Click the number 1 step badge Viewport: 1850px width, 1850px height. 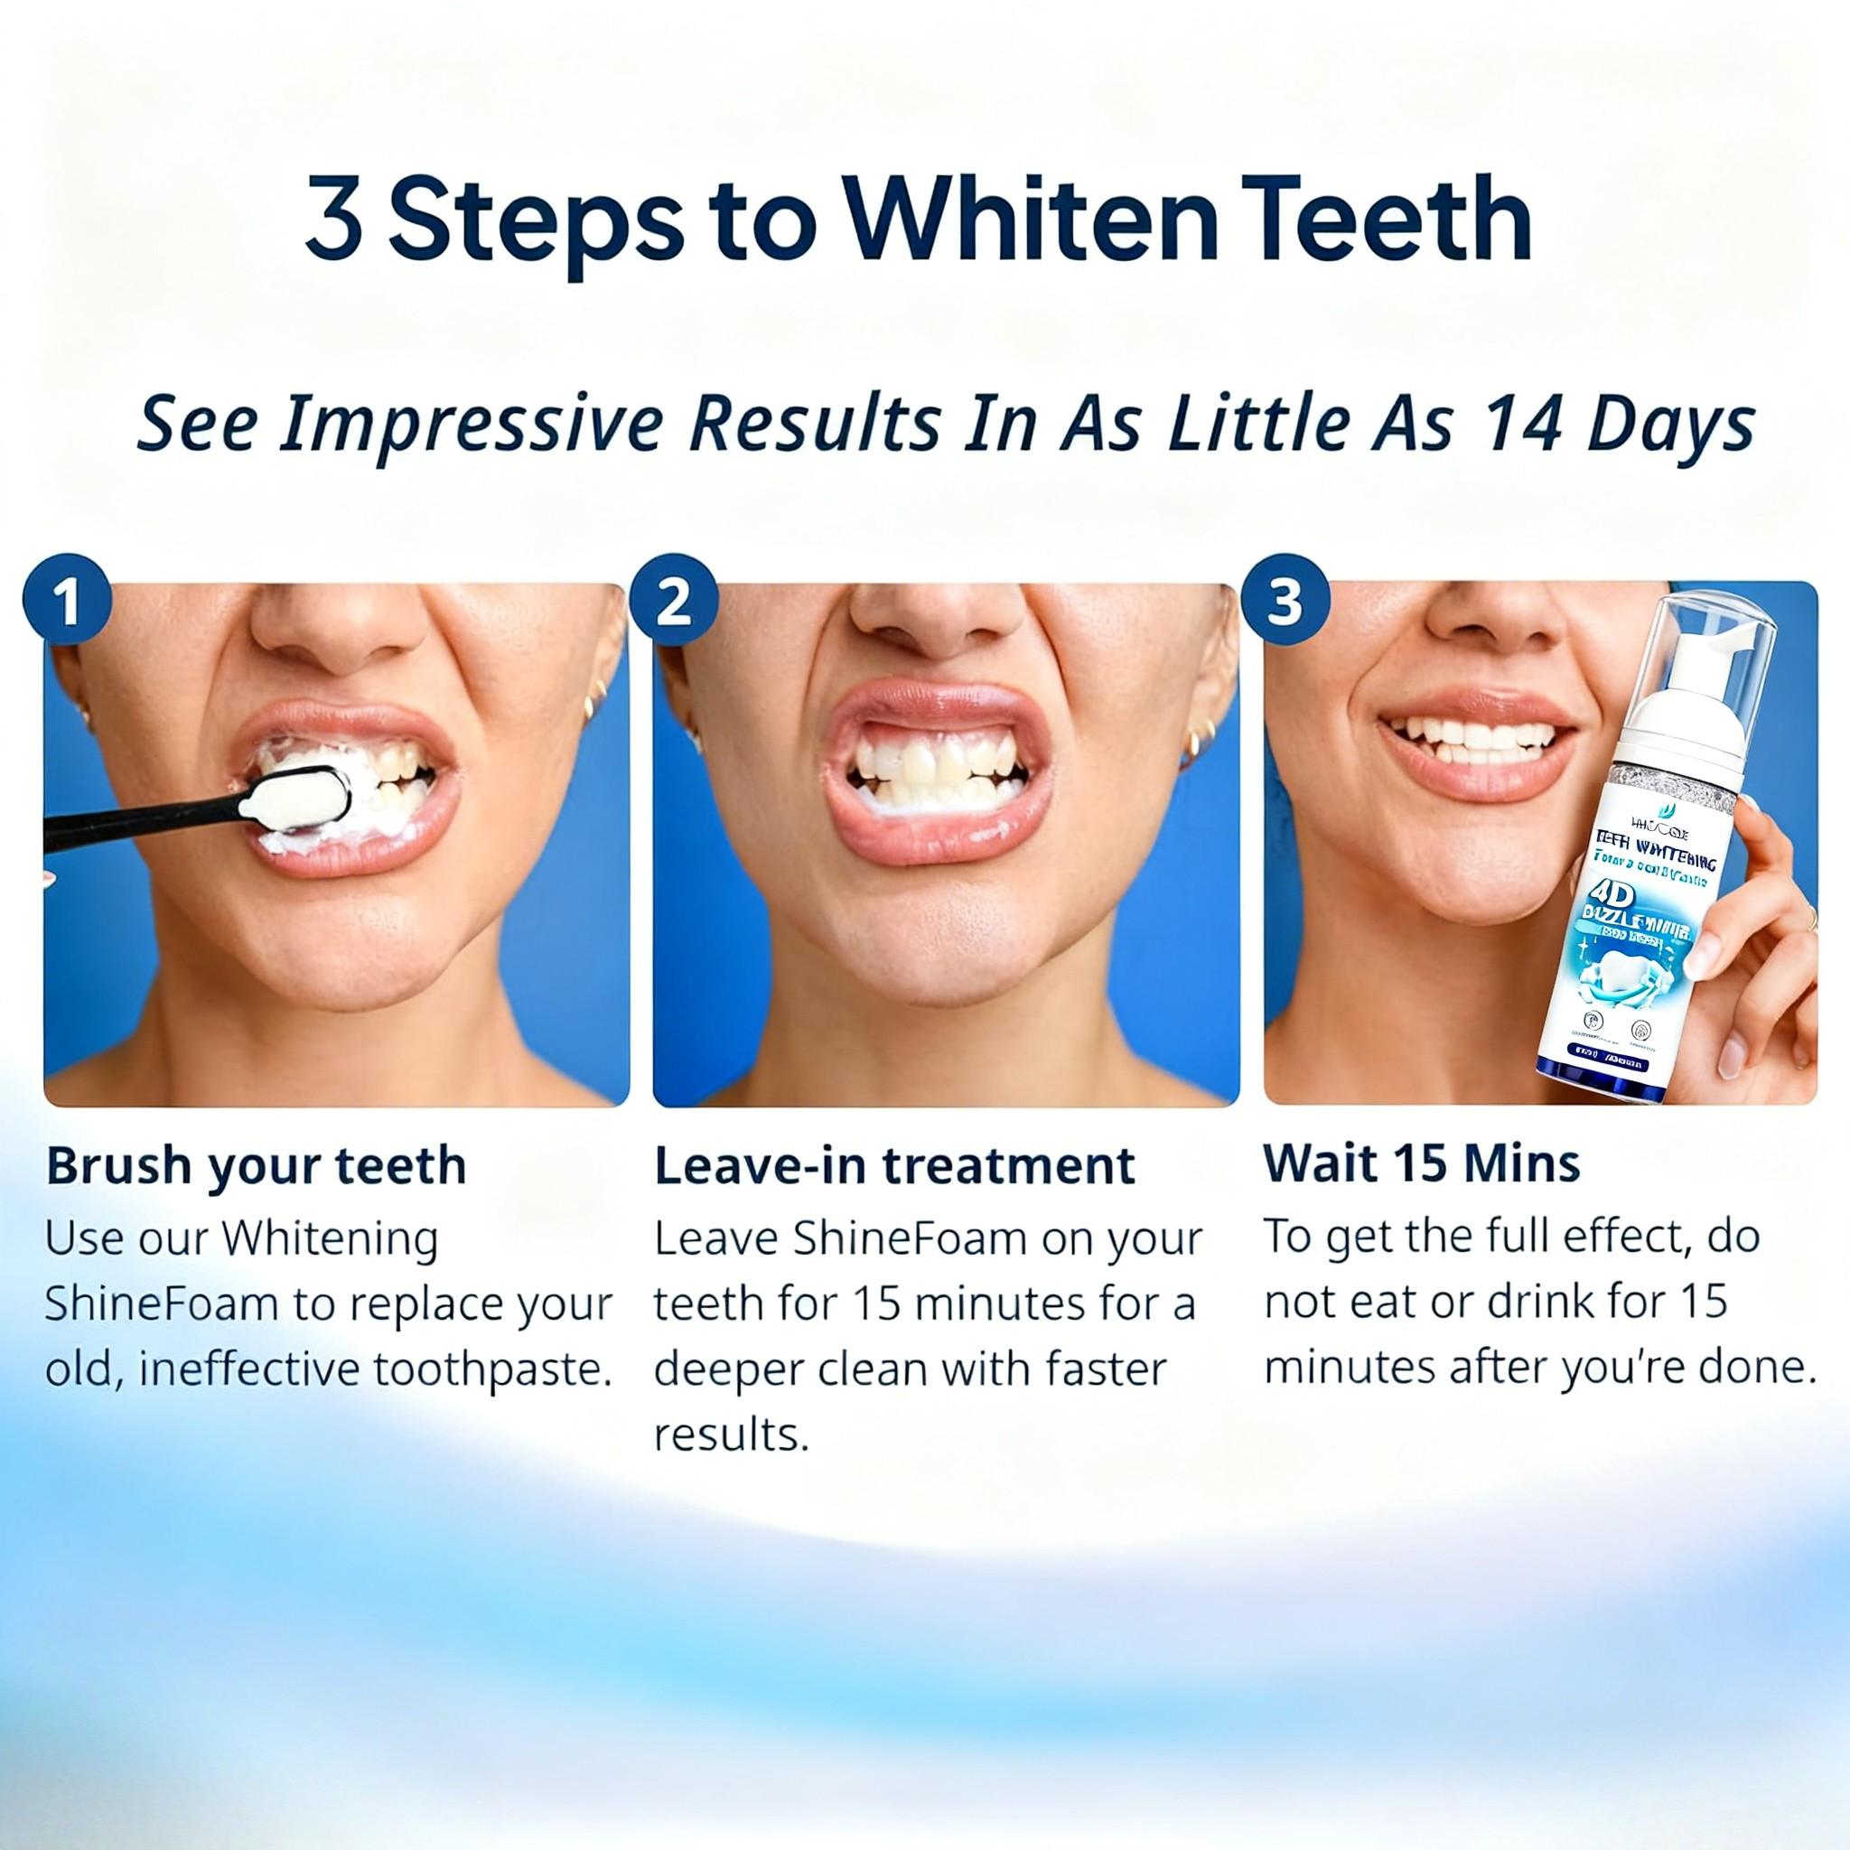pos(67,602)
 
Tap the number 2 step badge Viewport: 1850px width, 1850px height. pos(674,602)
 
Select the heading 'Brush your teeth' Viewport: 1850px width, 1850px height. pos(256,1166)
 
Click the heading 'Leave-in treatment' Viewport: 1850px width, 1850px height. pos(893,1166)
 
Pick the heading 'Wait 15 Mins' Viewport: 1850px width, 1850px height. pos(1421,1164)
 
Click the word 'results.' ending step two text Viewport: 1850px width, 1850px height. pos(732,1434)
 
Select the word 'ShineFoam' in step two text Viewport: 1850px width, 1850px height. pos(910,1239)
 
